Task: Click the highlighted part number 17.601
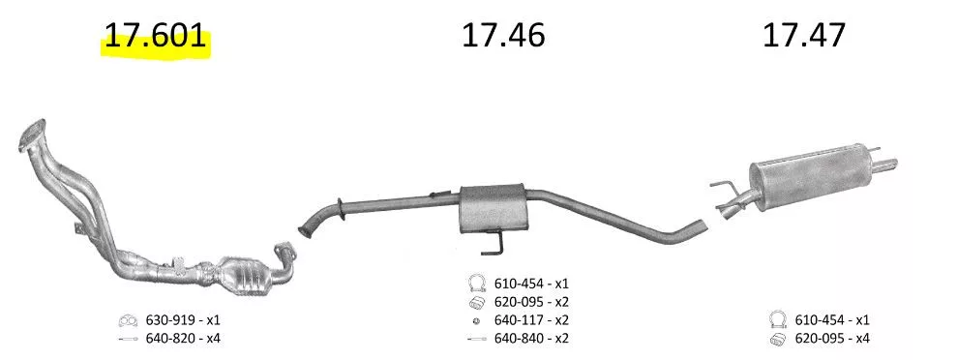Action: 155,36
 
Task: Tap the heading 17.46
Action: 503,36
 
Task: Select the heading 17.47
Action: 804,36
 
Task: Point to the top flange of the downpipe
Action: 32,133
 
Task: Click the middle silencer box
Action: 492,207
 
